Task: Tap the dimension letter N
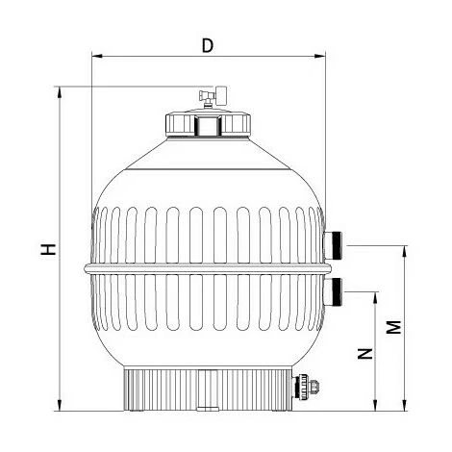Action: (364, 353)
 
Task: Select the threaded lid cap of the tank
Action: (206, 125)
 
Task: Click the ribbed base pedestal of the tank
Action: (207, 389)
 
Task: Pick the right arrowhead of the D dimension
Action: (320, 56)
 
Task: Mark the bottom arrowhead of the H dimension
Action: (63, 406)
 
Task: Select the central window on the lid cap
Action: (206, 126)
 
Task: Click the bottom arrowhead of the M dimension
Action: (403, 406)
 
